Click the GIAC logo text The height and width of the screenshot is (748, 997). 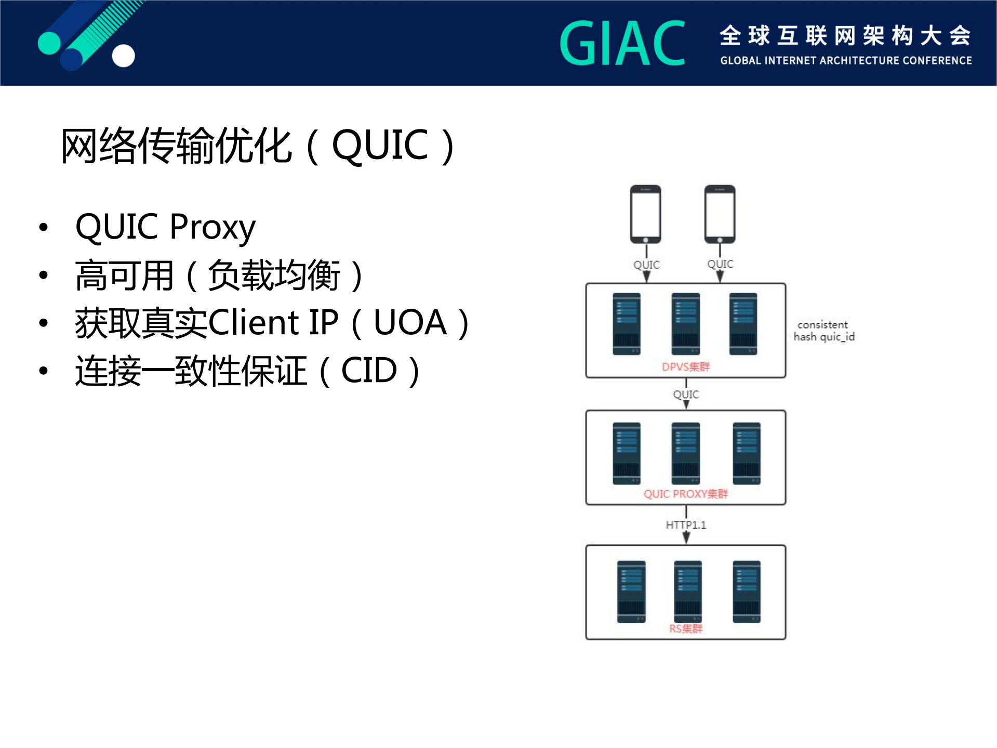(622, 44)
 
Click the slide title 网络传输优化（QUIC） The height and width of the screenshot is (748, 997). (258, 146)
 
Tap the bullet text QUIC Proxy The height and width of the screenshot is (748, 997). (165, 227)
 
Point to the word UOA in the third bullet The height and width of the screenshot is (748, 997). (410, 323)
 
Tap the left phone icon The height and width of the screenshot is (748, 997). (646, 214)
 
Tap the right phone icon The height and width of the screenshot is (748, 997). (720, 214)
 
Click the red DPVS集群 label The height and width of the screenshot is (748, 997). (685, 367)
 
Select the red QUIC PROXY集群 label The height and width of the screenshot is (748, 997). (686, 494)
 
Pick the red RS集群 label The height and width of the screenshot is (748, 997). (686, 629)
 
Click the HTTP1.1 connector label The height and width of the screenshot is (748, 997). (686, 525)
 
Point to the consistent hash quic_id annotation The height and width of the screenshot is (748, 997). (823, 331)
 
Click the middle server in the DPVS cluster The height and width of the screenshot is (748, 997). (685, 324)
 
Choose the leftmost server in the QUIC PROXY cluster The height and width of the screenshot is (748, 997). (627, 453)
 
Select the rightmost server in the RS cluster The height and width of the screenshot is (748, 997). (746, 592)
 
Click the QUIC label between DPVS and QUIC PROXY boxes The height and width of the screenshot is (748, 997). (686, 395)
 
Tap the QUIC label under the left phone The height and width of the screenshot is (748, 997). (646, 265)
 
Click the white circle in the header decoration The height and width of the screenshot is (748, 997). (124, 56)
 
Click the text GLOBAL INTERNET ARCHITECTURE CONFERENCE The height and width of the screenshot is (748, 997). (846, 61)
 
